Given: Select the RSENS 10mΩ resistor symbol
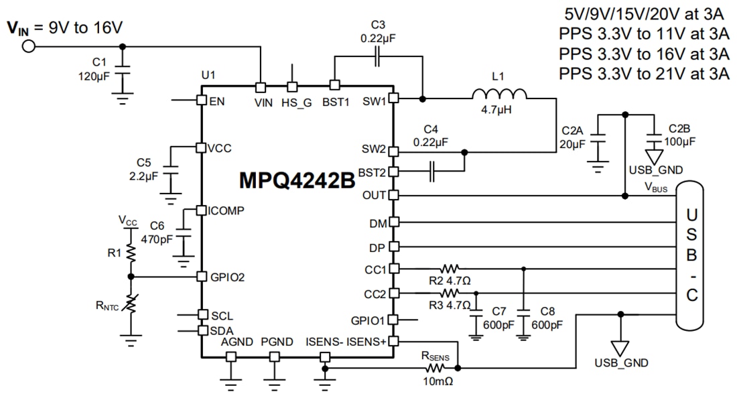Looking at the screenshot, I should (434, 368).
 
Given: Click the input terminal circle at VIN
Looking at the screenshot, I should (28, 46).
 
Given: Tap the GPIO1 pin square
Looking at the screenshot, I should (393, 320).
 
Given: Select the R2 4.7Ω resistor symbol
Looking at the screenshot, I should (451, 268).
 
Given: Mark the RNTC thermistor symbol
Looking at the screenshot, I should (131, 305).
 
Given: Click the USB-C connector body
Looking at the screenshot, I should (692, 257).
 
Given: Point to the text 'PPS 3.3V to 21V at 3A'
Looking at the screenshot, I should (644, 74).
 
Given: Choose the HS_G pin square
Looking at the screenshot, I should (292, 87).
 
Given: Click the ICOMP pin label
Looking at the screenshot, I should (226, 210).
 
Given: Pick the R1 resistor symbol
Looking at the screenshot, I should (131, 252).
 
